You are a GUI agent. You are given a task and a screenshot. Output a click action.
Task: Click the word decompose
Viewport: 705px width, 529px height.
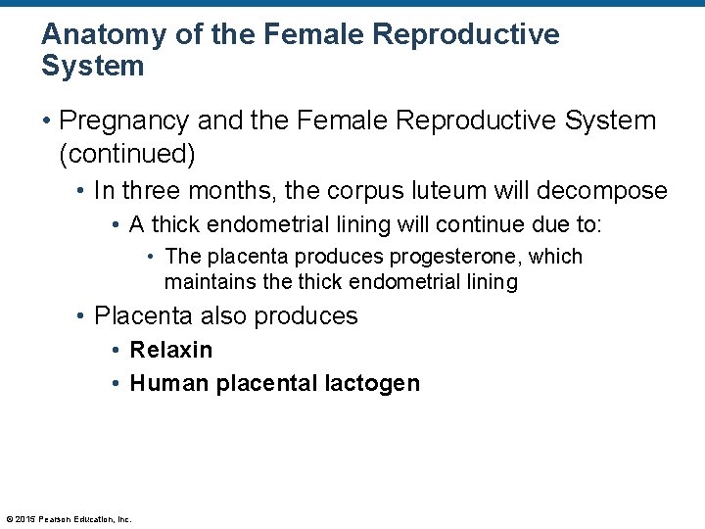coord(604,190)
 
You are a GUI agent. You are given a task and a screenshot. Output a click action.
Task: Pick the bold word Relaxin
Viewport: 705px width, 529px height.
coord(171,350)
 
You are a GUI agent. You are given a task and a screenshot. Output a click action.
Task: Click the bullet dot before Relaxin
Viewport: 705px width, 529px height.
coord(117,350)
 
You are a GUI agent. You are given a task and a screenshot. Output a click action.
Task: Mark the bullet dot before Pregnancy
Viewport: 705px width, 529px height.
coord(46,121)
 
